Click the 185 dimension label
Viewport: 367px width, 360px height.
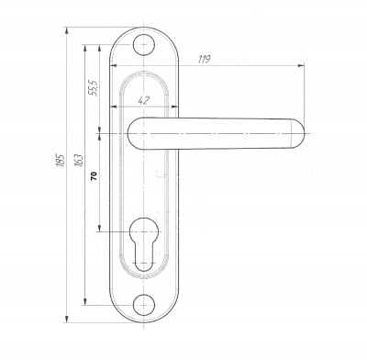pos(61,160)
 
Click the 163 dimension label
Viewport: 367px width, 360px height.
pos(79,160)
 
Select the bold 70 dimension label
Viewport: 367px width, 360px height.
pos(94,175)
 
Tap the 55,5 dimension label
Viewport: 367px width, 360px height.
pos(94,88)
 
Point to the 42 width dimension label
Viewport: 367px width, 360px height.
pos(144,100)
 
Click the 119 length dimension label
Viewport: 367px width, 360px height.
pos(204,59)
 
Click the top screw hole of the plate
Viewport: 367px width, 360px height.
pos(144,45)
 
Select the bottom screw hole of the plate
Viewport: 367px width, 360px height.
pos(144,305)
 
